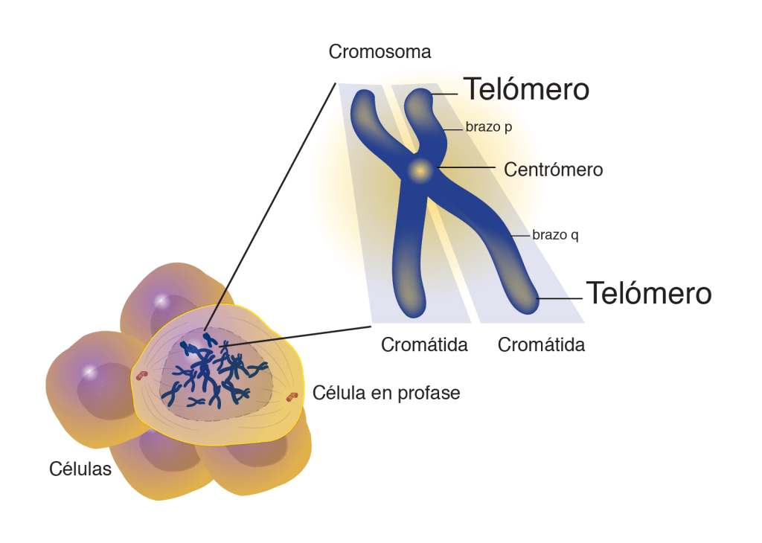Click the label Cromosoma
(x=380, y=52)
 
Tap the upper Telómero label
(x=527, y=89)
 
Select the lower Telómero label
(x=649, y=293)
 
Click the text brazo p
(x=489, y=126)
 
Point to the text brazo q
(x=555, y=235)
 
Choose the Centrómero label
(x=553, y=170)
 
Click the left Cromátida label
(x=424, y=345)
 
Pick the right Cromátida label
(x=541, y=345)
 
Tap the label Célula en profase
(x=386, y=393)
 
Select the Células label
(x=80, y=469)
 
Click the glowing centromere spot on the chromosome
(x=420, y=170)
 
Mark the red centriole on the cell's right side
(x=292, y=396)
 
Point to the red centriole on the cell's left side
(x=139, y=376)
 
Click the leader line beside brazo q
(x=521, y=235)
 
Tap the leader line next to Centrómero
(x=469, y=168)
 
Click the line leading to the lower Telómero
(x=560, y=298)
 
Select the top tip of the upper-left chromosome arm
(x=365, y=97)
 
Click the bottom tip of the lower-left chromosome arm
(x=409, y=308)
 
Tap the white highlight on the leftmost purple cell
(x=89, y=370)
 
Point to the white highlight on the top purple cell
(x=160, y=301)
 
